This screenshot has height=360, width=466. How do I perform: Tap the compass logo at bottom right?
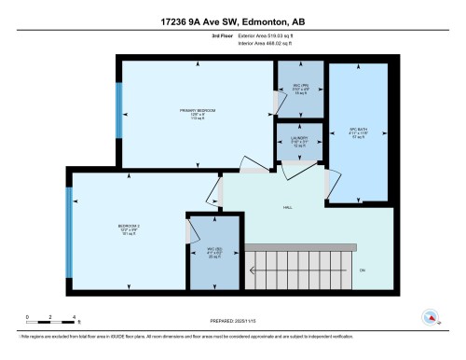(431, 317)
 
